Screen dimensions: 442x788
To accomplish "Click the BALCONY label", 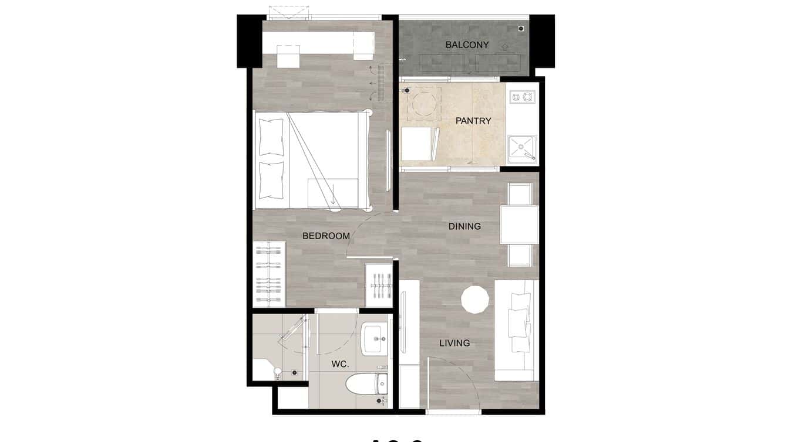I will [x=467, y=45].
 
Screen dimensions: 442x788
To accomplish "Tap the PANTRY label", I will [x=473, y=121].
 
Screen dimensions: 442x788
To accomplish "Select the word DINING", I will [x=464, y=226].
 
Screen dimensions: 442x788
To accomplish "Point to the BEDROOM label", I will [x=326, y=236].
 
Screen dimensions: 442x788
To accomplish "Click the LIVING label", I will [x=454, y=343].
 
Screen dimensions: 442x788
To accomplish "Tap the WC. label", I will [x=340, y=364].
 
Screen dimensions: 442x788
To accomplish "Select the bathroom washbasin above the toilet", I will [x=375, y=338].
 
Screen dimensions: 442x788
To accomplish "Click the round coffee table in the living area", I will [x=475, y=300].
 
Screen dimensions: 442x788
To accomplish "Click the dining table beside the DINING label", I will [x=519, y=225].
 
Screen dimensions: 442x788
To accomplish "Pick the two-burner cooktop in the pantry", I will [x=522, y=96].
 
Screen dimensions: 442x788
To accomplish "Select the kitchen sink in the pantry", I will [x=521, y=148].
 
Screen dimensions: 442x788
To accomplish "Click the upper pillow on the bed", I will [x=271, y=136].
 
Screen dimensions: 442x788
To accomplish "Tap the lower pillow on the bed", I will [x=271, y=179].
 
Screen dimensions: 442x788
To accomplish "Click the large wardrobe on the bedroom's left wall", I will [x=269, y=274].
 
